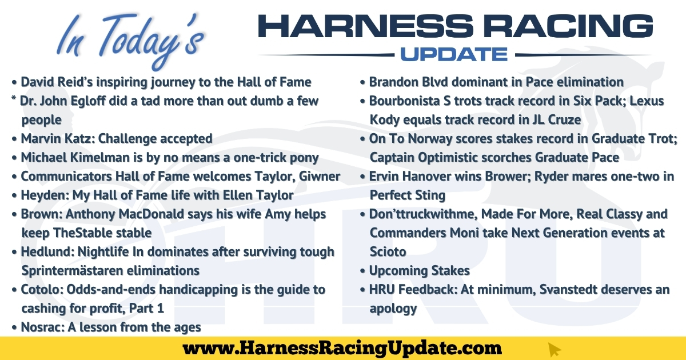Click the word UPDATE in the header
[454, 54]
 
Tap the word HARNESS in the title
[366, 26]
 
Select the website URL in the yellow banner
[342, 349]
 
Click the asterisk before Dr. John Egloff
[14, 98]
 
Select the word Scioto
[388, 252]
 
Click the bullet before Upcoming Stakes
[362, 271]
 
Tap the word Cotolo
[42, 290]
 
